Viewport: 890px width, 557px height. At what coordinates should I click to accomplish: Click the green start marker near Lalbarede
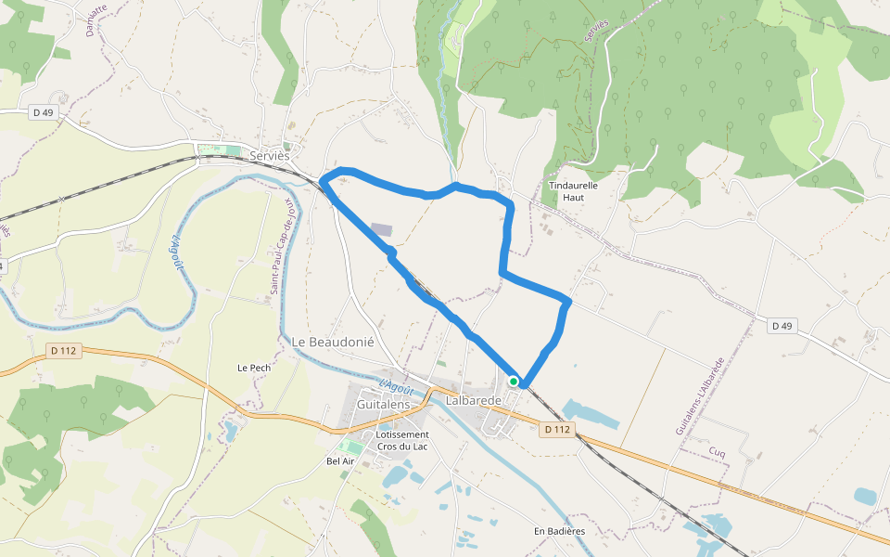(514, 381)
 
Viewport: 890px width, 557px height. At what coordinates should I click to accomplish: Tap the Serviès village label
(270, 156)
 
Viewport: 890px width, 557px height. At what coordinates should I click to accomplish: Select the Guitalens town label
(384, 406)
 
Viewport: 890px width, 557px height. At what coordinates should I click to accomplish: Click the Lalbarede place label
(473, 401)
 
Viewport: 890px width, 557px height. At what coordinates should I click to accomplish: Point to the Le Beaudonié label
(333, 342)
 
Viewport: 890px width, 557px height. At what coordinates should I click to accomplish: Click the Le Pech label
(254, 368)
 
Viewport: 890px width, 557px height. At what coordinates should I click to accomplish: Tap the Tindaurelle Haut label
(574, 191)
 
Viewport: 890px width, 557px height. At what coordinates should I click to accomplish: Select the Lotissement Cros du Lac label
(402, 440)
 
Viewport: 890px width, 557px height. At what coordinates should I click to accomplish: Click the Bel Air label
(341, 460)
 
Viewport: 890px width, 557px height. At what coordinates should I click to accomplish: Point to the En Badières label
(559, 531)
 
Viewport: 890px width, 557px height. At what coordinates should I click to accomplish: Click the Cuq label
(717, 452)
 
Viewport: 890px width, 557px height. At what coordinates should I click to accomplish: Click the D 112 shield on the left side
(63, 350)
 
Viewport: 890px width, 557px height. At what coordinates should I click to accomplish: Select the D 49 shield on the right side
(782, 326)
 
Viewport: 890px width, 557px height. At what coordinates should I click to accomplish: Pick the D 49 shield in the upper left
(43, 112)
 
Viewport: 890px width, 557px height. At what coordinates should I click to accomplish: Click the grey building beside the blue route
(381, 229)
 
